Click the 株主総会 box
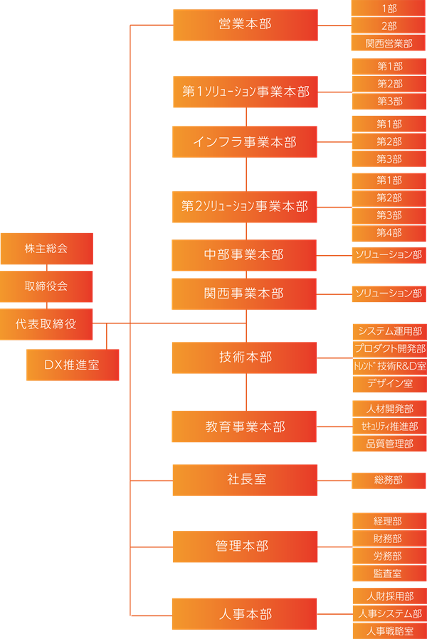[46, 248]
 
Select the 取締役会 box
[46, 286]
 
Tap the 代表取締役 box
[46, 324]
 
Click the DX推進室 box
[73, 365]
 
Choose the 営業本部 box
[245, 25]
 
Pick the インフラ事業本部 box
[245, 142]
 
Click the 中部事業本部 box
[244, 254]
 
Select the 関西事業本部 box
[244, 293]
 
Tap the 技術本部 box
[244, 358]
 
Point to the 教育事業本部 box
[244, 426]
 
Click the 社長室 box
[244, 480]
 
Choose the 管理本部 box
[244, 546]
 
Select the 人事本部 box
[244, 613]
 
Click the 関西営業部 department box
[389, 43]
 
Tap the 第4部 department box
[389, 232]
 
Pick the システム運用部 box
[389, 331]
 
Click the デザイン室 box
[389, 384]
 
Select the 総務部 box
[389, 480]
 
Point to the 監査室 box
[389, 573]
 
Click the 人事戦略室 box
[389, 630]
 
